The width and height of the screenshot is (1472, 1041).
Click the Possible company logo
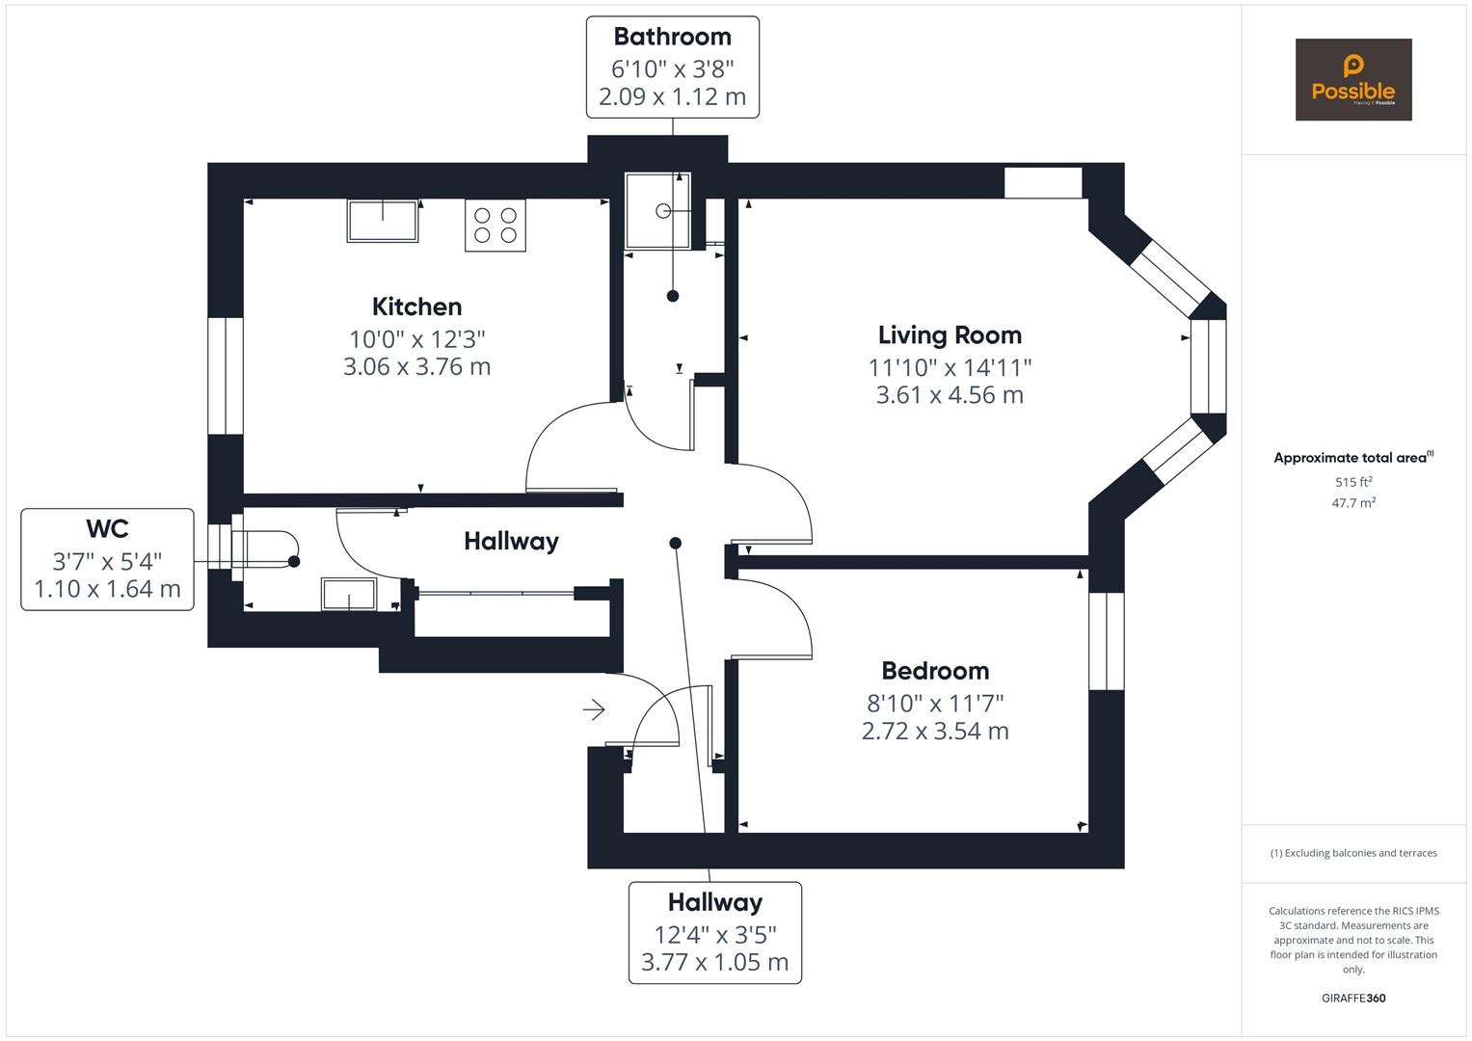click(x=1352, y=80)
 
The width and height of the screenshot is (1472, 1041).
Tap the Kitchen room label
click(x=416, y=307)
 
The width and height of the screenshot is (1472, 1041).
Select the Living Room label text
click(x=949, y=335)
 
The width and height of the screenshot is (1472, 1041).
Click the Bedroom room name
click(x=935, y=671)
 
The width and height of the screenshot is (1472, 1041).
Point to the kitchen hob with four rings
click(x=495, y=226)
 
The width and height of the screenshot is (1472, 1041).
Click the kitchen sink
click(x=383, y=221)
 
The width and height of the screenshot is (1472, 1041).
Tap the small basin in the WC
click(x=349, y=596)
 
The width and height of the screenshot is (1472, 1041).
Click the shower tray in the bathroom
click(x=658, y=210)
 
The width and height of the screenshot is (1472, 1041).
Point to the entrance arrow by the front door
click(x=593, y=710)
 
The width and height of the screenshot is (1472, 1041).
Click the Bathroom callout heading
click(x=672, y=37)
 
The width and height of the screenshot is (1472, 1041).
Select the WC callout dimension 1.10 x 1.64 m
click(x=107, y=589)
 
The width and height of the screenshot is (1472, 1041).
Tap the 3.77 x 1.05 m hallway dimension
click(x=714, y=962)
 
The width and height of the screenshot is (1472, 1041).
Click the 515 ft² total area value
click(x=1352, y=482)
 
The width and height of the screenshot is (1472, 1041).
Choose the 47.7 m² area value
click(x=1352, y=503)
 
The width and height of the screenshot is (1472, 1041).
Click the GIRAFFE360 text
click(x=1352, y=999)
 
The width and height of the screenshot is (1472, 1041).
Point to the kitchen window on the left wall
click(x=226, y=376)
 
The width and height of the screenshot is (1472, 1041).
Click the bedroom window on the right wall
click(x=1106, y=641)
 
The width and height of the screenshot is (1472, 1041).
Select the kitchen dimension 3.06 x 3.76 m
click(x=416, y=367)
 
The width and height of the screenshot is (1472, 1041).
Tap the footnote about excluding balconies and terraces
click(x=1352, y=853)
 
